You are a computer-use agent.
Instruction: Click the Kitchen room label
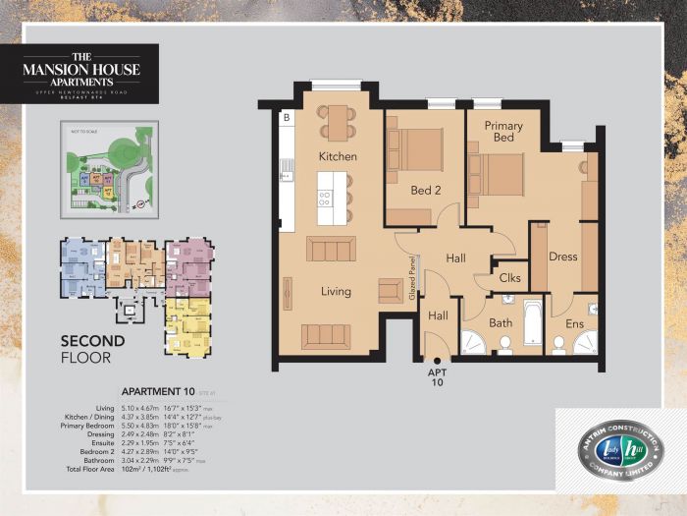tap(338, 156)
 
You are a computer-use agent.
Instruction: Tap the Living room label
tap(337, 291)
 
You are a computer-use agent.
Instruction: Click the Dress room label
tap(562, 258)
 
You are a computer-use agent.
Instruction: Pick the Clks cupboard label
tap(510, 278)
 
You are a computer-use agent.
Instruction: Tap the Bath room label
tap(502, 322)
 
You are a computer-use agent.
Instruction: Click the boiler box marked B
tap(287, 120)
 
